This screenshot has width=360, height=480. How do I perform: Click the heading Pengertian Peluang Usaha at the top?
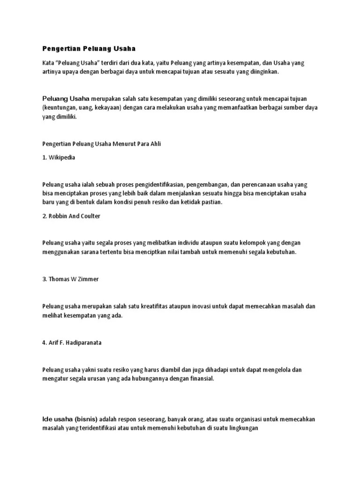click(x=89, y=48)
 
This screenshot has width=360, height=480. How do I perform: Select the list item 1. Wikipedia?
click(x=59, y=157)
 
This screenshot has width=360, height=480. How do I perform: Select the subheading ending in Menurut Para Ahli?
click(x=101, y=144)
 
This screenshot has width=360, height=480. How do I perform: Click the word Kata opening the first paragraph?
click(x=48, y=63)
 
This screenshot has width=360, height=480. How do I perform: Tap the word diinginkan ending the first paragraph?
click(x=265, y=72)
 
